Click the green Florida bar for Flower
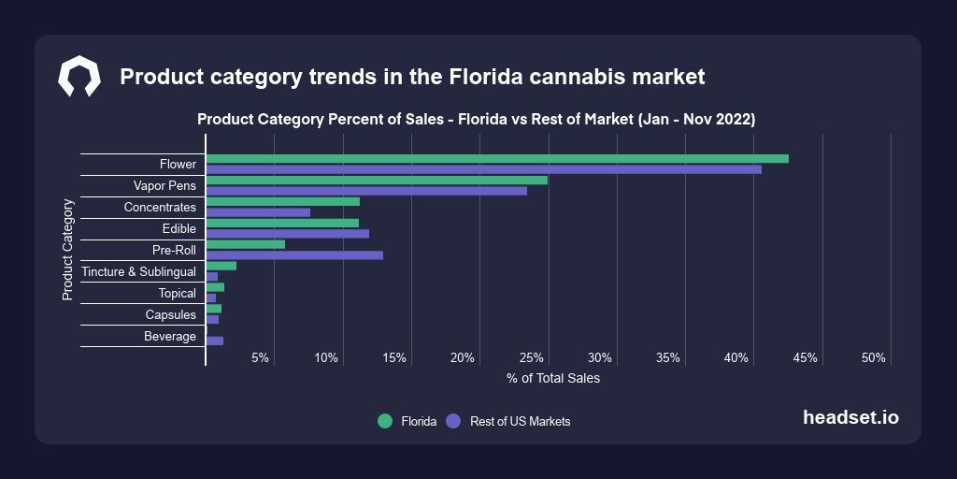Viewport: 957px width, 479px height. tap(496, 158)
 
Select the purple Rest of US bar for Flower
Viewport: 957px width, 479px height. tap(483, 169)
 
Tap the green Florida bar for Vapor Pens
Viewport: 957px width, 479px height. tap(376, 180)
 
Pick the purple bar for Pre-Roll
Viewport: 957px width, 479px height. tap(294, 255)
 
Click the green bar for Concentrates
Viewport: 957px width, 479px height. tap(282, 201)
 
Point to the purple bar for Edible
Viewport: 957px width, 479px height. tap(287, 234)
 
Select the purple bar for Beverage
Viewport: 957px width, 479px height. tap(215, 341)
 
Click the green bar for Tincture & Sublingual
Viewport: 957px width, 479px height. tap(221, 266)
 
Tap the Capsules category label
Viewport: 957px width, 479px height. tap(170, 315)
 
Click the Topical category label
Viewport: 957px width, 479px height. tap(177, 294)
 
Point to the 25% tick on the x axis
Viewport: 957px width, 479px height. tap(532, 358)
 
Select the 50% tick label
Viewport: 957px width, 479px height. tap(874, 358)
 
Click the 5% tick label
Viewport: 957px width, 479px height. tap(260, 358)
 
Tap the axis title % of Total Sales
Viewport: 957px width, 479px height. tap(553, 379)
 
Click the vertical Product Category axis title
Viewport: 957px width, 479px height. tap(67, 249)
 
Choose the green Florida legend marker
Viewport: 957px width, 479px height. tap(384, 421)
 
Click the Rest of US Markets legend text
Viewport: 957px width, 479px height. tap(520, 422)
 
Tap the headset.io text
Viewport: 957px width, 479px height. tap(850, 418)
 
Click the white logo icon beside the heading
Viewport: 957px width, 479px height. tap(79, 77)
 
